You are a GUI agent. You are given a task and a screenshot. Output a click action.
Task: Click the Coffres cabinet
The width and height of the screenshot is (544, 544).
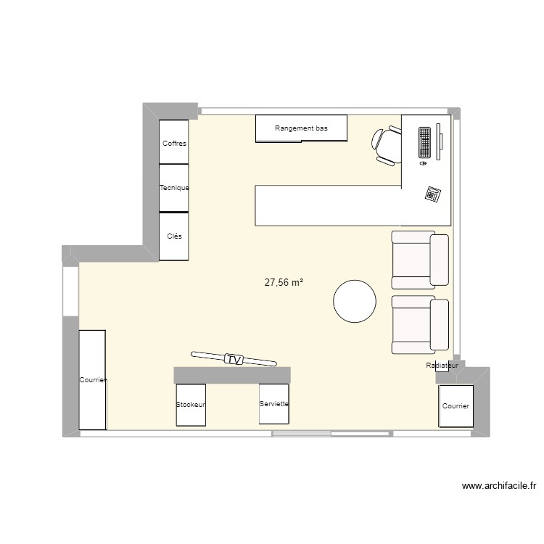click(174, 143)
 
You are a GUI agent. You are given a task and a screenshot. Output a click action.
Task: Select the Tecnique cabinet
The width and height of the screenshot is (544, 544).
click(174, 188)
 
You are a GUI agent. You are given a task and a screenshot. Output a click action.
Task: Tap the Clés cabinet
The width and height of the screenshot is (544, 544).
click(174, 236)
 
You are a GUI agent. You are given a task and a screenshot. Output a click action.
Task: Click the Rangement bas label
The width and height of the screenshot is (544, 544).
click(301, 128)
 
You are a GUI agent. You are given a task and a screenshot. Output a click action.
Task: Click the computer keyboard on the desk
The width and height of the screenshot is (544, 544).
click(424, 142)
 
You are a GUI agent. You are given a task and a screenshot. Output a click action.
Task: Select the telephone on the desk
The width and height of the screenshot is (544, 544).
click(433, 194)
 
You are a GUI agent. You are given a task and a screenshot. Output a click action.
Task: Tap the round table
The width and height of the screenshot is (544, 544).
click(355, 301)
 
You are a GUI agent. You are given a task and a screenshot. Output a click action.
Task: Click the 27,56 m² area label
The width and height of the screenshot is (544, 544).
click(284, 283)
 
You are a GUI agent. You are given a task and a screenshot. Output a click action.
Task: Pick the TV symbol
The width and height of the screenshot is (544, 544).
click(234, 358)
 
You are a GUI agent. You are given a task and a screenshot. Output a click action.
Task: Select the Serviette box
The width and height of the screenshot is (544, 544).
click(274, 403)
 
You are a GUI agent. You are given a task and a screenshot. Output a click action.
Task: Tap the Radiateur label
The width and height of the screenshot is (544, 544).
click(442, 366)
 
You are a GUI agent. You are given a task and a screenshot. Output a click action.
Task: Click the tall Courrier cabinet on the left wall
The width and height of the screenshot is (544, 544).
click(93, 379)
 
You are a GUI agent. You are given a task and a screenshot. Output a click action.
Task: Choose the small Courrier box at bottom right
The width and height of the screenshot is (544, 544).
click(456, 406)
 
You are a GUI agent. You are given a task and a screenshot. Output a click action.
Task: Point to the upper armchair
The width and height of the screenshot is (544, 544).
click(420, 259)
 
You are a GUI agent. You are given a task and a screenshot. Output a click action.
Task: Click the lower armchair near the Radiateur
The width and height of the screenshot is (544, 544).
click(420, 325)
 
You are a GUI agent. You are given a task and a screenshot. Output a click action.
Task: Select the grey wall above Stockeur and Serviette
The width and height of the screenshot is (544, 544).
click(232, 374)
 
